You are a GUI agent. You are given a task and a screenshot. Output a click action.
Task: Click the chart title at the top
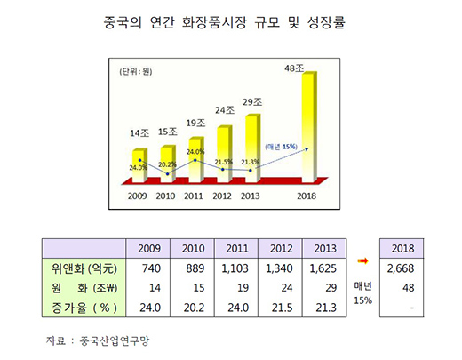[230, 19]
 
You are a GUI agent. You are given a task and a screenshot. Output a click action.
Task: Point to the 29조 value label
[251, 101]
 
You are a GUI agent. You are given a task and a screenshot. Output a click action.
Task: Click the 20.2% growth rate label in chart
[167, 164]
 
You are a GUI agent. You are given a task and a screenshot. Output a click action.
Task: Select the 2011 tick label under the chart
[195, 196]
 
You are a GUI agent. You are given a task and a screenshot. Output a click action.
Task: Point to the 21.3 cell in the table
[323, 307]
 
